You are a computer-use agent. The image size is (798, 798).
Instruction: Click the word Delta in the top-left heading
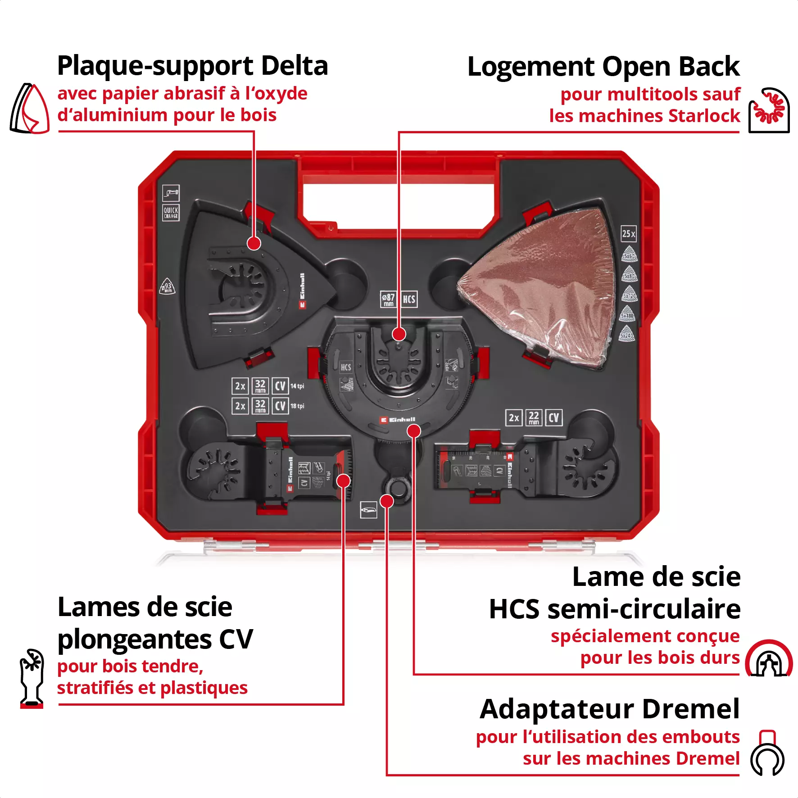294,66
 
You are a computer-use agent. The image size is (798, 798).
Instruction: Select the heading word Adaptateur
557,709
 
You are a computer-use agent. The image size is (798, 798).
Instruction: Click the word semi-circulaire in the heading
644,609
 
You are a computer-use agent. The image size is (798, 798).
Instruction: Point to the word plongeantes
135,639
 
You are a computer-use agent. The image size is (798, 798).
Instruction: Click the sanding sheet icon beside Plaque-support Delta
30,109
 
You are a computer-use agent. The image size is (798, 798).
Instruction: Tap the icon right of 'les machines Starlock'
769,110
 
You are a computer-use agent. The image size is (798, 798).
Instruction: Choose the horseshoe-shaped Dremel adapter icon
767,753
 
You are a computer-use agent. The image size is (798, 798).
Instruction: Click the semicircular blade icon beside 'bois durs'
769,658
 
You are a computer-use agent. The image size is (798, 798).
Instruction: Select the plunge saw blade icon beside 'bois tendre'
32,678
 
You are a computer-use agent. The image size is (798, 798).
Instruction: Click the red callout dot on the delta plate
254,244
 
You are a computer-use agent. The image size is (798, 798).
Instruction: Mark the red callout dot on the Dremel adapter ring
387,501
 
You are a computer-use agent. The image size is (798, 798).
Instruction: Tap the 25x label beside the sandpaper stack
629,234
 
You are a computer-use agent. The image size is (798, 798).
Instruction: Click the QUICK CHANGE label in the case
171,213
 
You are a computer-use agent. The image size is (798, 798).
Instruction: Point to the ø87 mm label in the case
388,299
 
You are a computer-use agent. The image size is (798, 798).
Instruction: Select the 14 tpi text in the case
297,386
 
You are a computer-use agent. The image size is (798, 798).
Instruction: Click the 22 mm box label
534,417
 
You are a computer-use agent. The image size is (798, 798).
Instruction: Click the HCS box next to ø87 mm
409,299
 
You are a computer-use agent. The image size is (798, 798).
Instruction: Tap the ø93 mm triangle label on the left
168,287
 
